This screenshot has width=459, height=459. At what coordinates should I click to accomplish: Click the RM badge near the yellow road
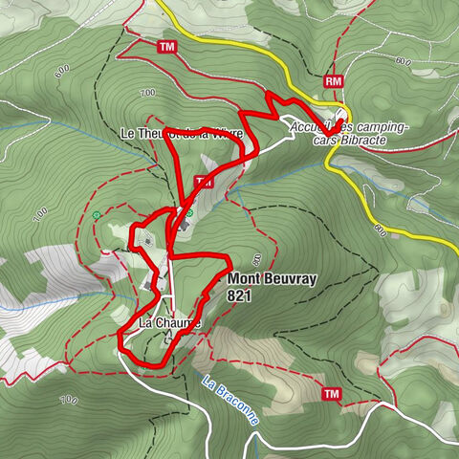point(333,82)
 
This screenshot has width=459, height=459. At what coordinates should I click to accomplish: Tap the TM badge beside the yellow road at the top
point(168,47)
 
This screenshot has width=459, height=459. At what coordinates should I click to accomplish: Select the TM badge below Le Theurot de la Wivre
point(202,181)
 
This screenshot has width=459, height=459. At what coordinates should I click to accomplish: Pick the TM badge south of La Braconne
point(332,394)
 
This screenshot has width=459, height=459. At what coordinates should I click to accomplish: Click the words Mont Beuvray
point(271,280)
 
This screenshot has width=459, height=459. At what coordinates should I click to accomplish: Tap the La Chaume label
point(169,323)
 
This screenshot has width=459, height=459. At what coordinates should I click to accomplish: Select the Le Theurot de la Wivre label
point(188,134)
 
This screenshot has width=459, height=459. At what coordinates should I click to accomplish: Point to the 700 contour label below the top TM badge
point(147,93)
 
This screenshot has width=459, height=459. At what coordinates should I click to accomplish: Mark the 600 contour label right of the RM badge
point(403,64)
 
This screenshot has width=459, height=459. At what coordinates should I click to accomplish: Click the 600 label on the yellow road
point(379,229)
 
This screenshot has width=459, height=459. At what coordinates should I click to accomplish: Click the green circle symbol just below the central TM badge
point(189,212)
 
